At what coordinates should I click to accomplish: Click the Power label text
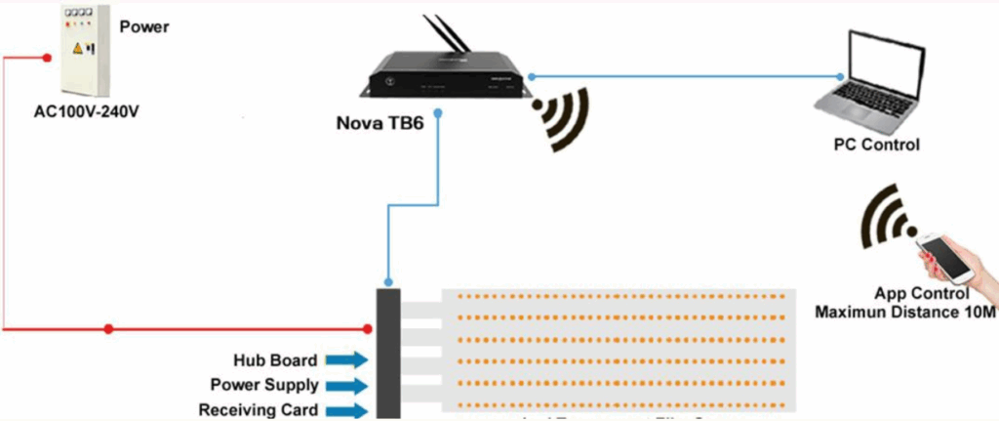pyautogui.click(x=144, y=27)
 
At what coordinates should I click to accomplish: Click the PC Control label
pyautogui.click(x=876, y=146)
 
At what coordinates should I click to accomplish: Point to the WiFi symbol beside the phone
pyautogui.click(x=889, y=216)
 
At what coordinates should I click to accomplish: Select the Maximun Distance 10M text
pyautogui.click(x=904, y=312)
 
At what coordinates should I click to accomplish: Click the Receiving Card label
pyautogui.click(x=258, y=410)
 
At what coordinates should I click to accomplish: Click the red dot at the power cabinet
pyautogui.click(x=48, y=58)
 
